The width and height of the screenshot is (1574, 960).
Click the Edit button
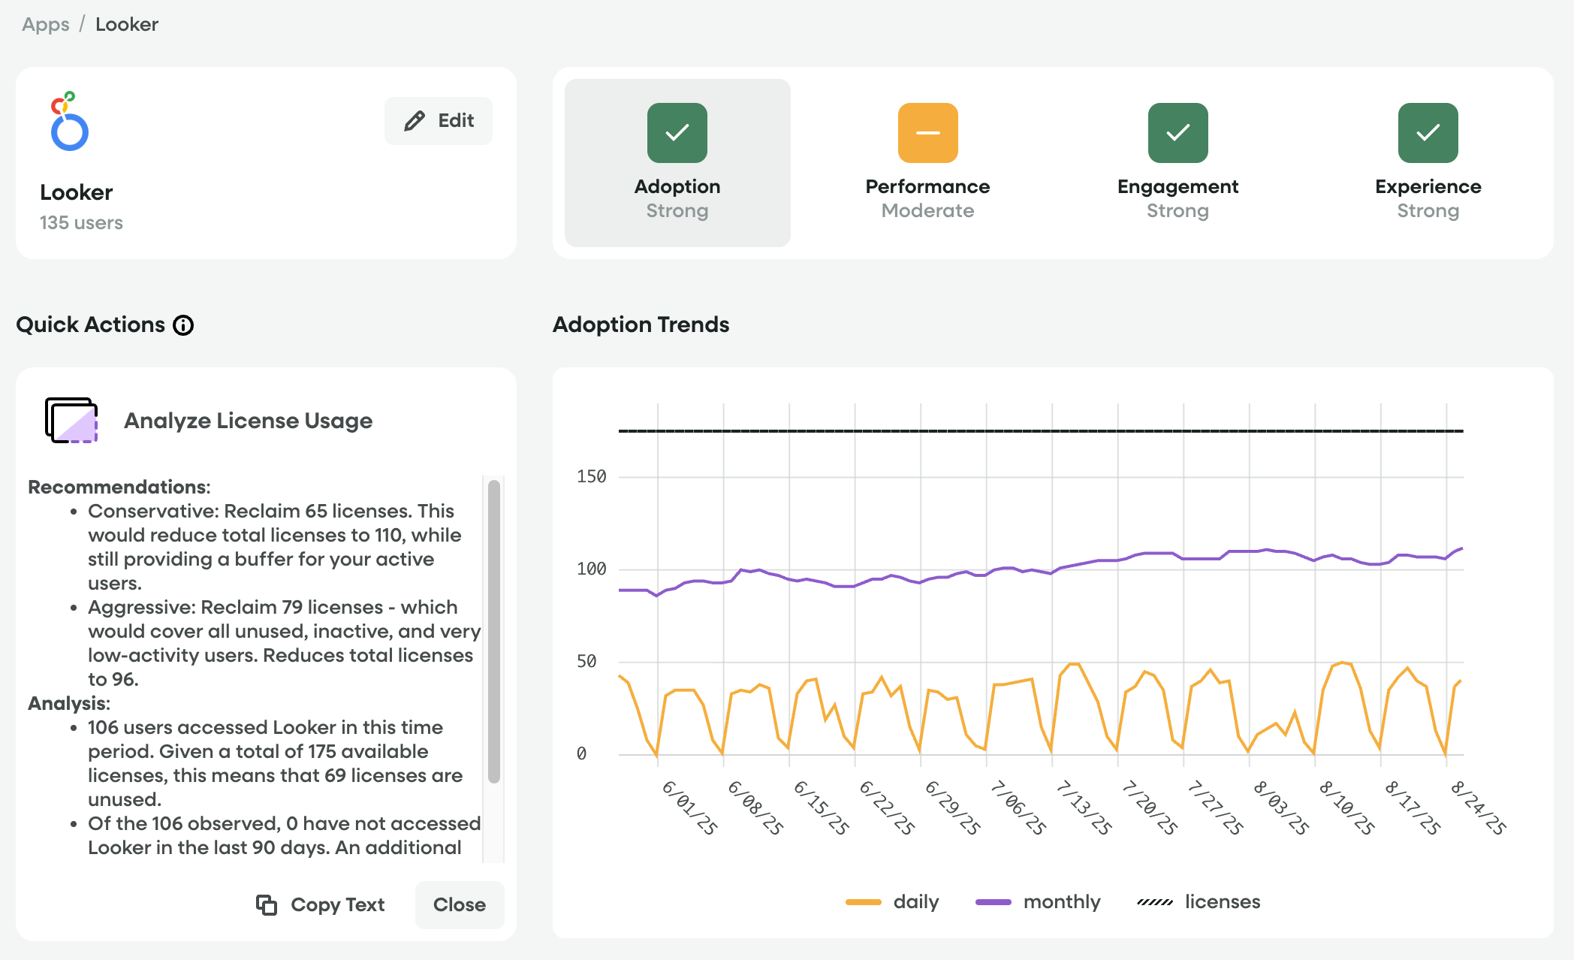pyautogui.click(x=439, y=121)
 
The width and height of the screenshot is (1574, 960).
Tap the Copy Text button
pyautogui.click(x=321, y=904)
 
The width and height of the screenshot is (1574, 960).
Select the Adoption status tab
pyautogui.click(x=677, y=163)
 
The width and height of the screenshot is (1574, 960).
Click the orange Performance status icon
pyautogui.click(x=927, y=133)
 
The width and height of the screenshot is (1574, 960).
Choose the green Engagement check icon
pyautogui.click(x=1177, y=133)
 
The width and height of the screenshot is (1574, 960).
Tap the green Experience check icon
pyautogui.click(x=1428, y=133)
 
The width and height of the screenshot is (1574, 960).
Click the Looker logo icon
pyautogui.click(x=69, y=122)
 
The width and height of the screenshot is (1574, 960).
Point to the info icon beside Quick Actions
pyautogui.click(x=183, y=325)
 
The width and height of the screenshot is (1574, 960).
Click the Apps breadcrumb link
pyautogui.click(x=46, y=25)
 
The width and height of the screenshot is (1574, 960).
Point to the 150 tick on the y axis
pyautogui.click(x=591, y=477)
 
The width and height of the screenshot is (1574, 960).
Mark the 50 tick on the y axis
pyautogui.click(x=586, y=662)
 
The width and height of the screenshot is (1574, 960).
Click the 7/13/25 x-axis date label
pyautogui.click(x=1083, y=808)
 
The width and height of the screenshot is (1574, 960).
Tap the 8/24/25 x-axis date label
pyautogui.click(x=1478, y=808)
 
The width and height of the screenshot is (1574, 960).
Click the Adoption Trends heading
pyautogui.click(x=641, y=325)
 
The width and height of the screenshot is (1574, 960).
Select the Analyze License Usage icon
pyautogui.click(x=71, y=420)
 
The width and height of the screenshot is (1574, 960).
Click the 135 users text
pyautogui.click(x=81, y=223)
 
